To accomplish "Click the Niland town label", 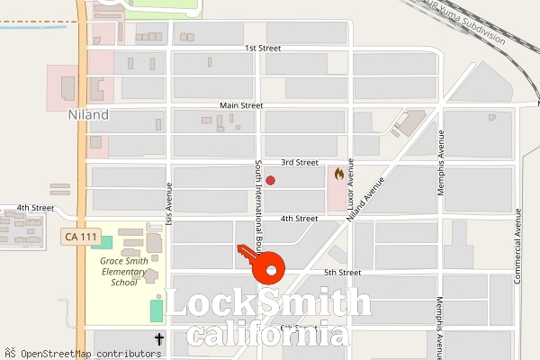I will [88, 114].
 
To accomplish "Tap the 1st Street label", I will [263, 48].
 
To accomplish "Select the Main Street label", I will [240, 105].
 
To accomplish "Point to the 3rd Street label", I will [299, 163].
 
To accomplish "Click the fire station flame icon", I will [338, 173].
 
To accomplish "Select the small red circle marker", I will [270, 181].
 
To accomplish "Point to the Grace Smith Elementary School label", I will [119, 270].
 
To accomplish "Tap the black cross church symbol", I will [159, 339].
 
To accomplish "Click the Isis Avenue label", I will [168, 204].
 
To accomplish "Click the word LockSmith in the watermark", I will [267, 304].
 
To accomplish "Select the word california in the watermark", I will [267, 335].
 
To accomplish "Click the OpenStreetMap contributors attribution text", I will [86, 353].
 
